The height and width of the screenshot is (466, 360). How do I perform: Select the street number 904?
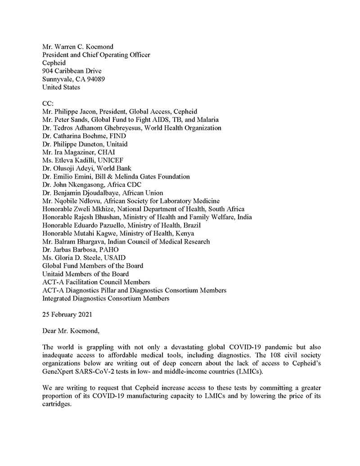click(48, 71)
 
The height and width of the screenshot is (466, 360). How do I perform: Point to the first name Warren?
click(67, 47)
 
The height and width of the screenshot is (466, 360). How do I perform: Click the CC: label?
click(48, 104)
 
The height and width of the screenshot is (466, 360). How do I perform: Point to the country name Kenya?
click(185, 233)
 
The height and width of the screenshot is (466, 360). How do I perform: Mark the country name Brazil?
click(191, 225)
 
